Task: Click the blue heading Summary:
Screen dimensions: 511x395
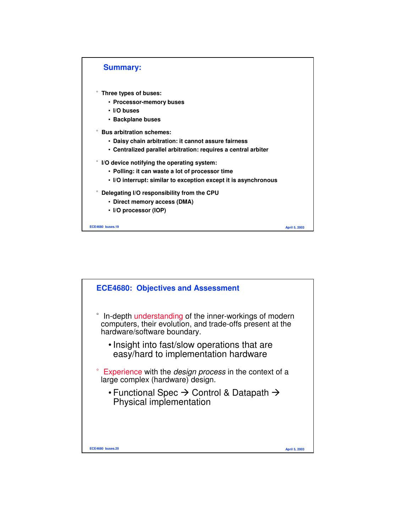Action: click(x=122, y=67)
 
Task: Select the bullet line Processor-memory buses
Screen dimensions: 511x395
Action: click(x=148, y=102)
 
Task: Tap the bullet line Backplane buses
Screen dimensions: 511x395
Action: click(x=137, y=120)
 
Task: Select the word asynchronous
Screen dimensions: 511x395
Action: click(x=257, y=180)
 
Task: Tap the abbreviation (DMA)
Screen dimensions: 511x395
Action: click(x=185, y=202)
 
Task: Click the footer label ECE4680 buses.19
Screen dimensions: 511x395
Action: click(x=104, y=227)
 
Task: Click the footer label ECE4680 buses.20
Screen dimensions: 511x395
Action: click(x=104, y=449)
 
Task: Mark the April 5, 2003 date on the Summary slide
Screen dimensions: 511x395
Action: click(x=295, y=227)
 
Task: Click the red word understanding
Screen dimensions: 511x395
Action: click(x=158, y=316)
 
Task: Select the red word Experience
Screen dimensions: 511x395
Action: click(x=122, y=372)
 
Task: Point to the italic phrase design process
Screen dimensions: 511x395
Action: click(x=199, y=372)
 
